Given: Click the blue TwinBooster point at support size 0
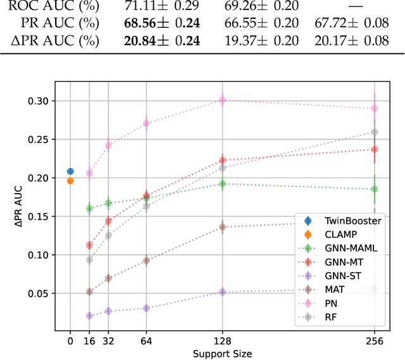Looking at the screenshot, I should pyautogui.click(x=70, y=171).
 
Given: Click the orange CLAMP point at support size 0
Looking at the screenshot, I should pyautogui.click(x=70, y=181).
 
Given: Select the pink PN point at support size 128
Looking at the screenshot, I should pyautogui.click(x=222, y=100).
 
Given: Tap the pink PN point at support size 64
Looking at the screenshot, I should pyautogui.click(x=146, y=123).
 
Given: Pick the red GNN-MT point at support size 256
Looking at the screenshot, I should pyautogui.click(x=375, y=149).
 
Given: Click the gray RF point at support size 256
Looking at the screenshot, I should pyautogui.click(x=375, y=132).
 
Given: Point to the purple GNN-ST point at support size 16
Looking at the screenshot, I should pyautogui.click(x=89, y=316).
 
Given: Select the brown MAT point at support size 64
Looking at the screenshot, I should pyautogui.click(x=146, y=260).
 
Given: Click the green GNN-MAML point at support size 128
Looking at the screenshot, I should pyautogui.click(x=222, y=183).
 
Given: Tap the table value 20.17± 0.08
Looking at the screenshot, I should pyautogui.click(x=351, y=41).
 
